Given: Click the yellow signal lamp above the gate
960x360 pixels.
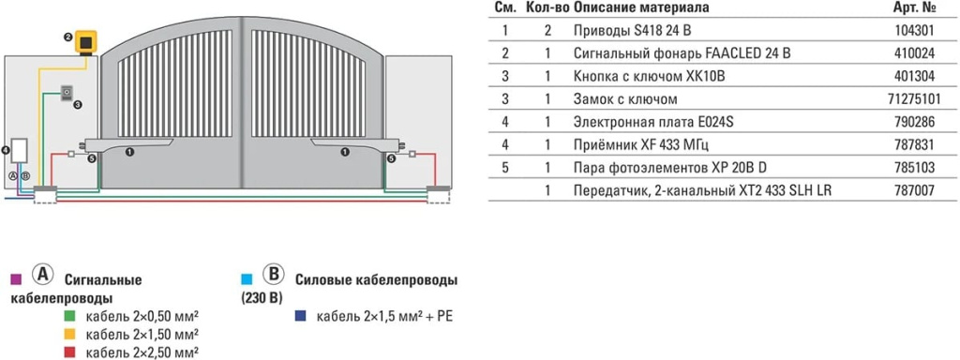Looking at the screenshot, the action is (x=87, y=42).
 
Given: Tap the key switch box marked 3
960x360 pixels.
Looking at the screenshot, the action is (x=67, y=93).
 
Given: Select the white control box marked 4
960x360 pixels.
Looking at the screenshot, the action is (x=19, y=154).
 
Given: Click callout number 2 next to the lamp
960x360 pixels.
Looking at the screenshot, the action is (x=68, y=37).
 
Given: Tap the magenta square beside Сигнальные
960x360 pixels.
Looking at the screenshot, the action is (x=15, y=279).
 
